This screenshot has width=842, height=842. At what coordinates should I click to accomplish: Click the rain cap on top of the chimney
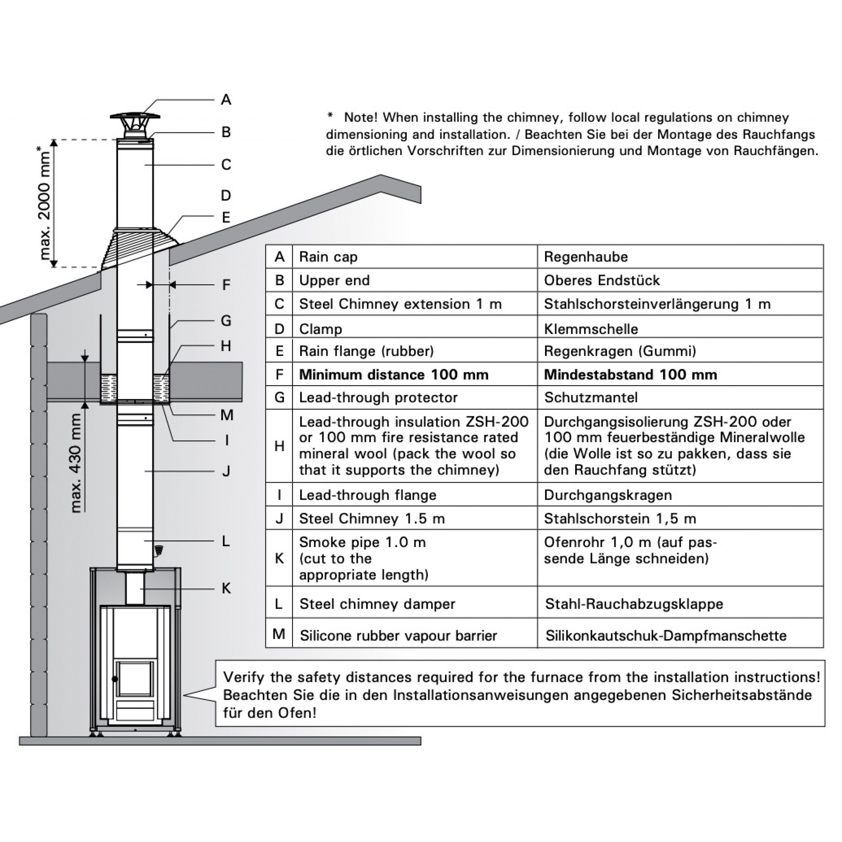pos(135,117)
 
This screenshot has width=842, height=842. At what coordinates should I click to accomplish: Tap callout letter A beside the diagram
pos(226,100)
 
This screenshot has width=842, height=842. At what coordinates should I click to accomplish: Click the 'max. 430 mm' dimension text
pos(76,463)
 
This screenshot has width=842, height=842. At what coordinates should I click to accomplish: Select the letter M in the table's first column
pos(279,634)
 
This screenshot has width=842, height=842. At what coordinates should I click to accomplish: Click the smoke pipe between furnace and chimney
pos(135,588)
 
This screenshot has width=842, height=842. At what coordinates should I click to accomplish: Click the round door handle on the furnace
pos(114,679)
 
